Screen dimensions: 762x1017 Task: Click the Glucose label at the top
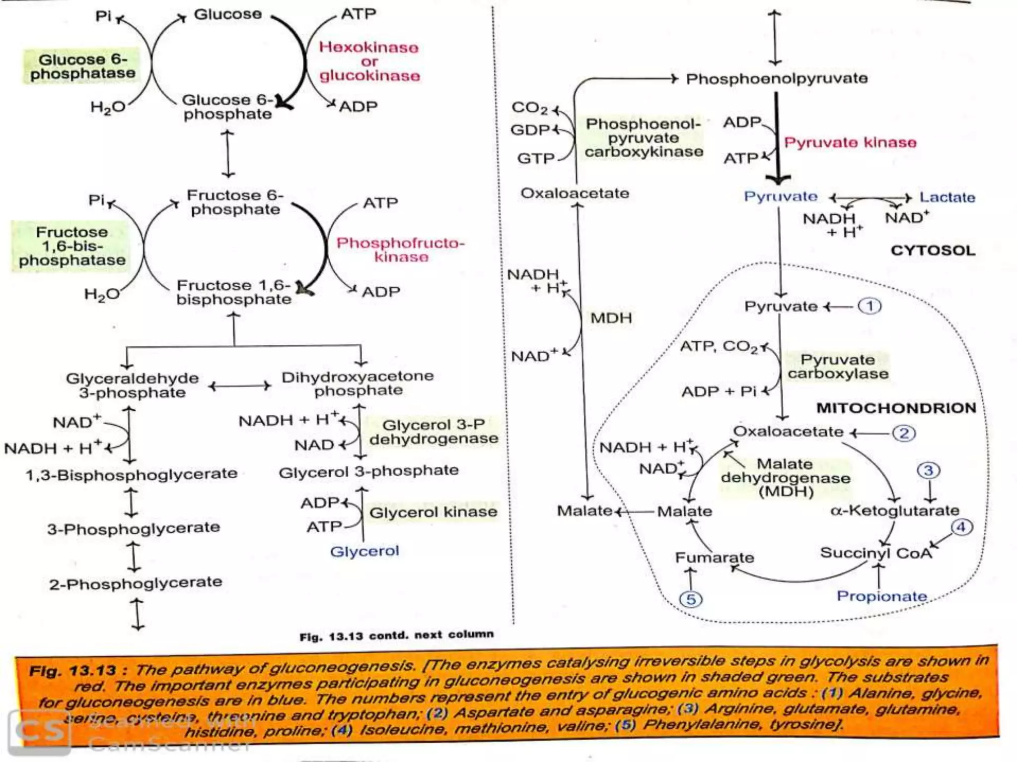[x=227, y=14]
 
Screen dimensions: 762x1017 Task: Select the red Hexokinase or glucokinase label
[x=369, y=62]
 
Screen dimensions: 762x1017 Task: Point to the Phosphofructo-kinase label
[x=400, y=250]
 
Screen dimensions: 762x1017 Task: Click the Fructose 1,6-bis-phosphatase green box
[x=72, y=246]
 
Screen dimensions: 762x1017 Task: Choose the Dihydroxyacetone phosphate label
[x=358, y=383]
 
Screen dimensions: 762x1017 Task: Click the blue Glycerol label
[x=364, y=551]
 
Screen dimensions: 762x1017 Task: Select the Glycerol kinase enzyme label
[x=433, y=512]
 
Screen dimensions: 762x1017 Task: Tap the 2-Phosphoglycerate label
[x=135, y=583]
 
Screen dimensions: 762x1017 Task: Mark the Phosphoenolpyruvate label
[x=777, y=78]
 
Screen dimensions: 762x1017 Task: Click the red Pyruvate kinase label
[x=850, y=143]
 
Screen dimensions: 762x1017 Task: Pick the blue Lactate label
[x=947, y=197]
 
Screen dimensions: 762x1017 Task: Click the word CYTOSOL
[x=933, y=250]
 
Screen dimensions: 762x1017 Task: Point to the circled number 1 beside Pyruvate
[x=870, y=306]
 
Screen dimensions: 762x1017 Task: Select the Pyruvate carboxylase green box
[x=838, y=367]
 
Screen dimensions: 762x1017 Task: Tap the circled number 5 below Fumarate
[x=691, y=599]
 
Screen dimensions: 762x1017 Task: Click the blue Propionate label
[x=881, y=596]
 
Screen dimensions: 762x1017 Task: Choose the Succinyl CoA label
[x=875, y=553]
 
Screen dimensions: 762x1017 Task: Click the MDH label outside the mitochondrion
[x=611, y=318]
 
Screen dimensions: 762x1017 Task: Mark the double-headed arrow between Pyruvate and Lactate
[x=871, y=198]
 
